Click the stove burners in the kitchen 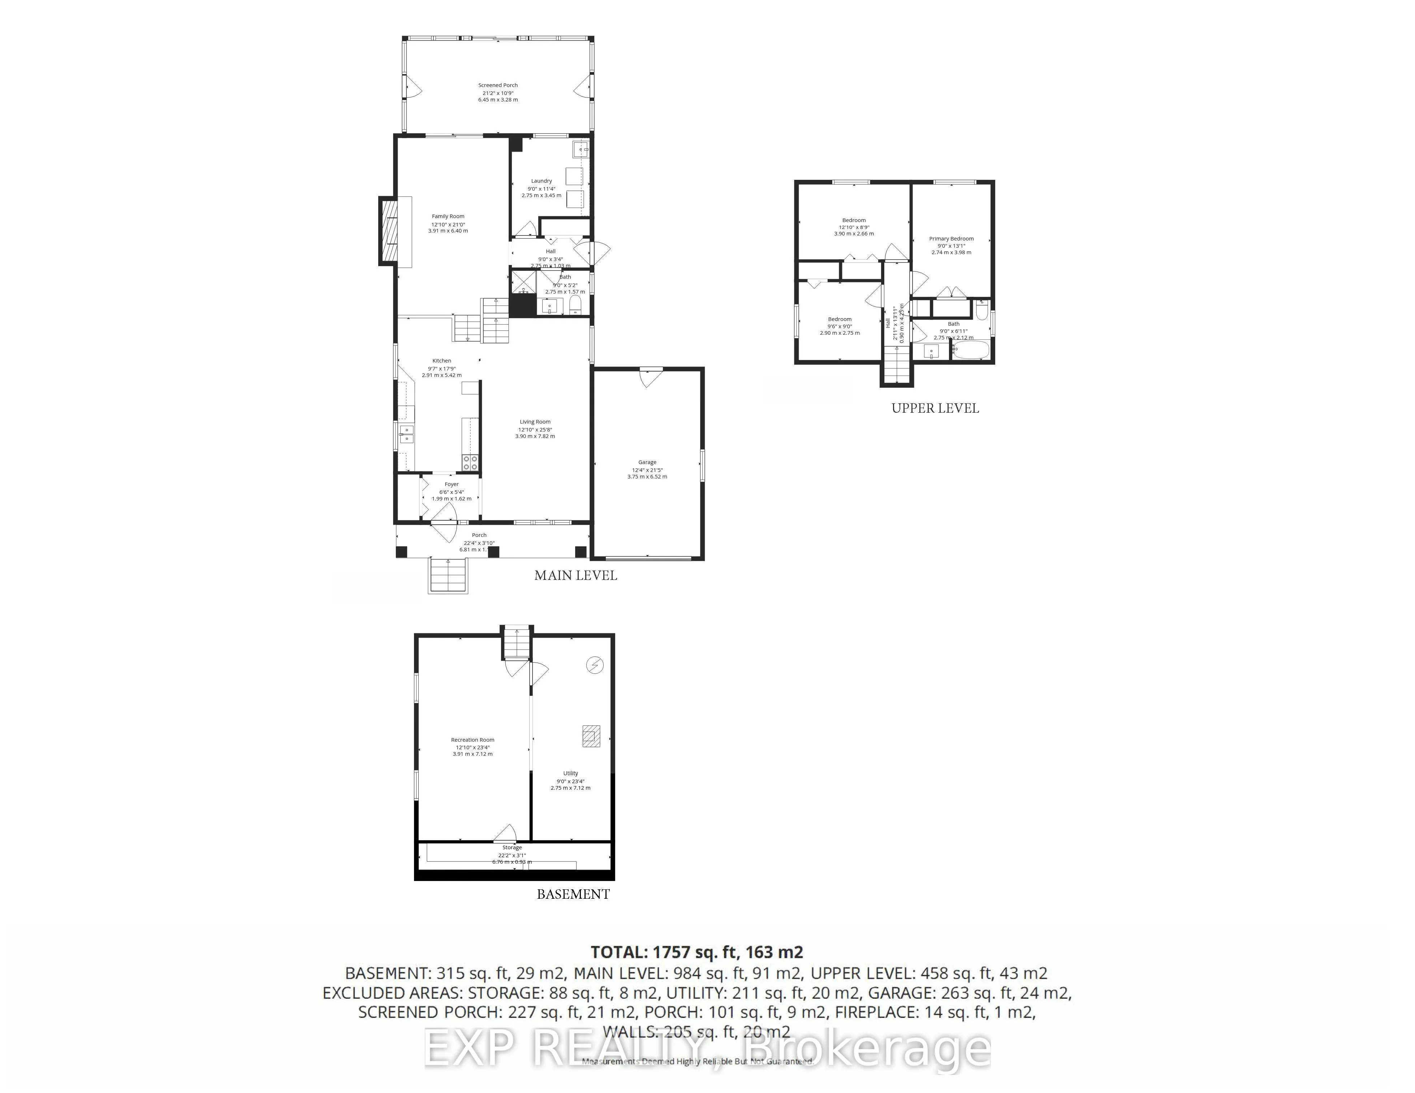tap(470, 462)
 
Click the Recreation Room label tap(472, 739)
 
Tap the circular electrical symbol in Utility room tap(595, 665)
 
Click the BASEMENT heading tap(573, 894)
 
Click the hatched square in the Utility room tap(590, 736)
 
